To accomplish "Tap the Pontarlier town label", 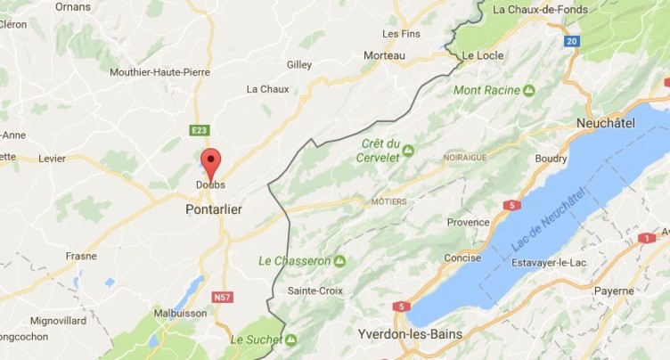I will click(214, 209).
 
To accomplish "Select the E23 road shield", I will click(199, 130).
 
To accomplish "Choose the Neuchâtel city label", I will click(606, 123).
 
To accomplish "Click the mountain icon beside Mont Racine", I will click(529, 91).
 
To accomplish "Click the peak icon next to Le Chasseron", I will click(339, 261).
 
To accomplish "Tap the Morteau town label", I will click(384, 55).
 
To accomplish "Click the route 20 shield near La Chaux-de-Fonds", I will click(571, 41).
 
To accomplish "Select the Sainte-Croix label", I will click(315, 290).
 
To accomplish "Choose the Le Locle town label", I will click(481, 55).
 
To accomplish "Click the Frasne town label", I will click(81, 255).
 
